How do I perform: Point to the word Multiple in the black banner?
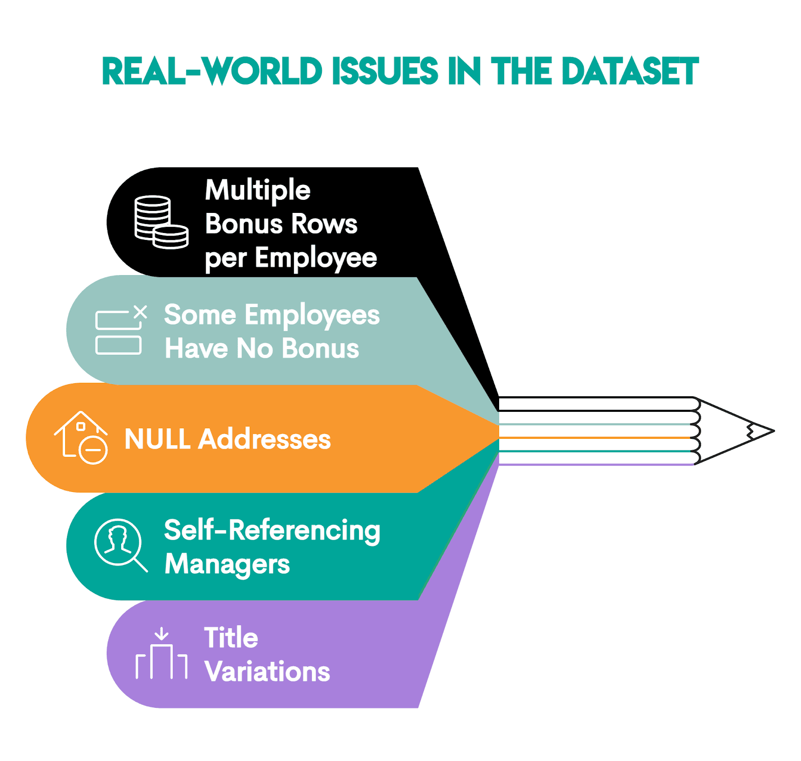[257, 191]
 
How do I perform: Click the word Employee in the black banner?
[315, 259]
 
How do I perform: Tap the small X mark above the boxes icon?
[141, 312]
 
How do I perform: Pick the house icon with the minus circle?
[82, 437]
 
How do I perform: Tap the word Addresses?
[264, 439]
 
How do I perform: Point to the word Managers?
[227, 564]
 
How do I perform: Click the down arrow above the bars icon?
[161, 634]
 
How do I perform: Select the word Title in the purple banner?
[231, 638]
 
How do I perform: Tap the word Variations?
[267, 672]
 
